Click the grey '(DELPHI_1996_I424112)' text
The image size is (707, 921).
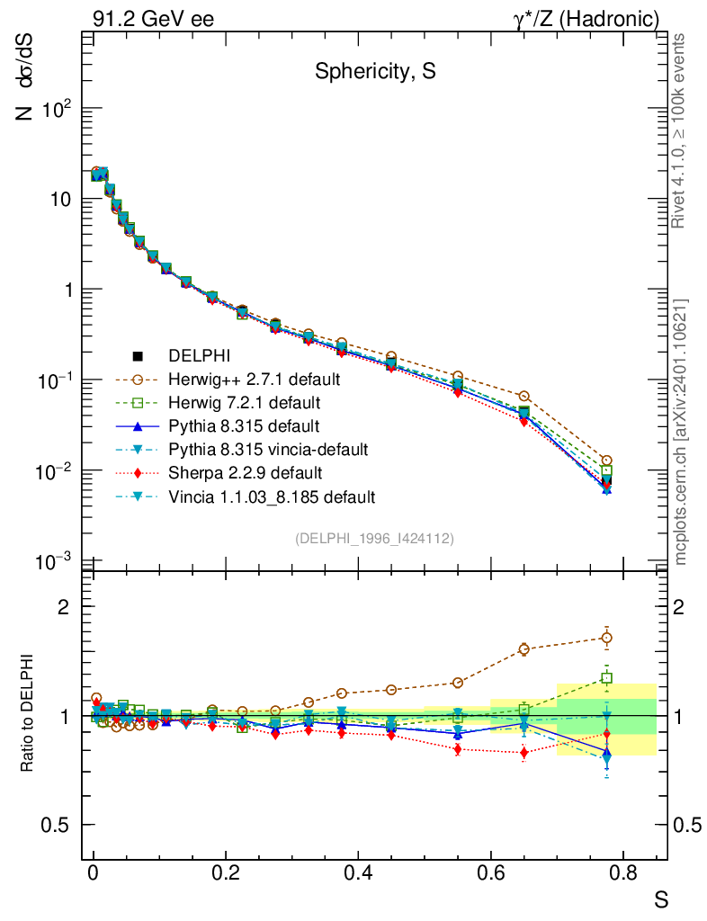[374, 539]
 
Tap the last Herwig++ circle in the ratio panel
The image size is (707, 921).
[607, 638]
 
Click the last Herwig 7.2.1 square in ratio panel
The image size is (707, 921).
[607, 678]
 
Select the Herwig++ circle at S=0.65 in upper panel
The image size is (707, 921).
[524, 396]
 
